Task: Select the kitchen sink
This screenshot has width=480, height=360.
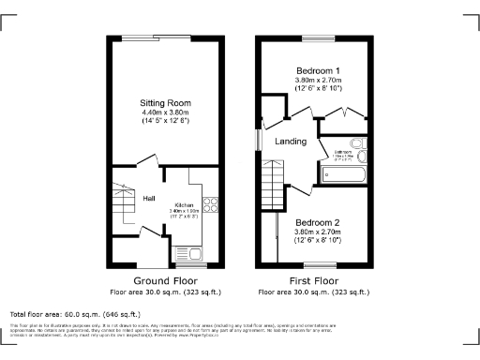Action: [196, 251]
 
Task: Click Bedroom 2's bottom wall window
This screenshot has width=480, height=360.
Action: [319, 265]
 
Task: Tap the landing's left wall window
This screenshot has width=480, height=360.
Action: [259, 137]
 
